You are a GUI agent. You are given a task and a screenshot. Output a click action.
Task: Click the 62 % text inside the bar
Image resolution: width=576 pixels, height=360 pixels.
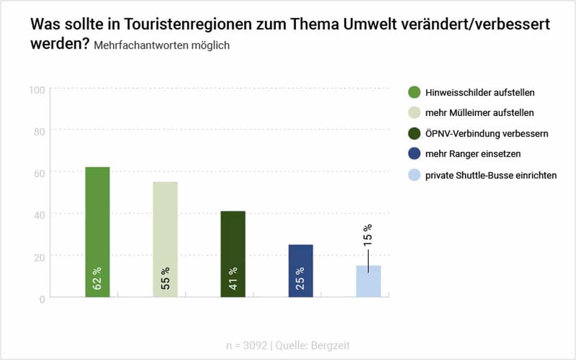coord(97,278)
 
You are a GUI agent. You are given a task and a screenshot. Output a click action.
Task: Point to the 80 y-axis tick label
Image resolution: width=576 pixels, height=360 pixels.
coord(38,131)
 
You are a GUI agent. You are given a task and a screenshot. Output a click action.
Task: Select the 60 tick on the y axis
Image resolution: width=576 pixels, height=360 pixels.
coord(38,173)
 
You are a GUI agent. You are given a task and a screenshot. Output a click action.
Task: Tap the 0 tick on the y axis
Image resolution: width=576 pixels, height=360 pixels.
coord(42,299)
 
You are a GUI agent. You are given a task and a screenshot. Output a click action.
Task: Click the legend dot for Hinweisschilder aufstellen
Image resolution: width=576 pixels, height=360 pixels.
coord(413,92)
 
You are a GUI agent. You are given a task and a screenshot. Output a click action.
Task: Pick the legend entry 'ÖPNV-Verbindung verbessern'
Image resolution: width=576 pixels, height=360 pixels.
coord(486,134)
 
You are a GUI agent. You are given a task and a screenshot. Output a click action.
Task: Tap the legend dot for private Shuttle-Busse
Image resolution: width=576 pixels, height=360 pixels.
coord(413,175)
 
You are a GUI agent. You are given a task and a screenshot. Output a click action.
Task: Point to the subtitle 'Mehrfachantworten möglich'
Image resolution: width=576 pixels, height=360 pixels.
coord(162,46)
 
